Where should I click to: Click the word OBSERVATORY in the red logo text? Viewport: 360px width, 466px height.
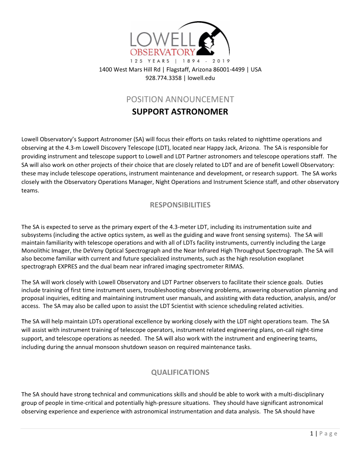(162, 52)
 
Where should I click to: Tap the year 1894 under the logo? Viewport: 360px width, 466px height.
(192, 61)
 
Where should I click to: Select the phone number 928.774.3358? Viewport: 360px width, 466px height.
(163, 78)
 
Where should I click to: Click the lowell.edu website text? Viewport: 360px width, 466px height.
(201, 78)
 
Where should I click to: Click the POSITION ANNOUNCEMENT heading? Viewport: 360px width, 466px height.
(180, 99)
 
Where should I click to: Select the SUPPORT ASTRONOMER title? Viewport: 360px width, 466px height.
(180, 112)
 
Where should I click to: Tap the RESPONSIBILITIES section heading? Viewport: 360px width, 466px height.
(180, 205)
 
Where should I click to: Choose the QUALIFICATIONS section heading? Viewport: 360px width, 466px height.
(180, 372)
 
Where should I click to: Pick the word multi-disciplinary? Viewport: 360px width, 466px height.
(301, 394)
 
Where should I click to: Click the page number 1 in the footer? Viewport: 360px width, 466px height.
(312, 434)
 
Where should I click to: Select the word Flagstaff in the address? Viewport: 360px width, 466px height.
(178, 70)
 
